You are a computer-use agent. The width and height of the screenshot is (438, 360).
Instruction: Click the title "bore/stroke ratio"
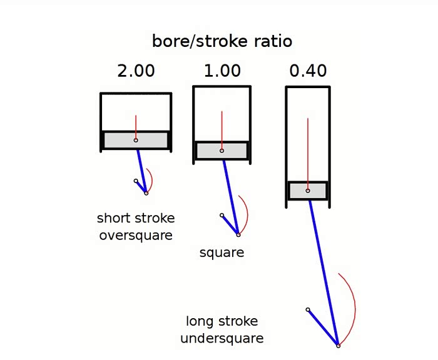pos(222,41)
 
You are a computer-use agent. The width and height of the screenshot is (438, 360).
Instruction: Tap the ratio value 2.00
pos(136,71)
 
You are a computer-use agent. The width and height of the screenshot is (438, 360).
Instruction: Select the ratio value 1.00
pos(222,71)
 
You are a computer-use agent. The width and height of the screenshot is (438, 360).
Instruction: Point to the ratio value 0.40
pos(308,71)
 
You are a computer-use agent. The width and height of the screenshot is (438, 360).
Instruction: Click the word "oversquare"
pos(136,236)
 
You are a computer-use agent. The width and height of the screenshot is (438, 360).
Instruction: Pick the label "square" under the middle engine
pos(222,253)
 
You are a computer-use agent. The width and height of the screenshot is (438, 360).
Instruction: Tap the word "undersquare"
pos(222,338)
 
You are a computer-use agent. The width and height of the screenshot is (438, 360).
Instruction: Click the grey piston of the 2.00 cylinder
pos(136,140)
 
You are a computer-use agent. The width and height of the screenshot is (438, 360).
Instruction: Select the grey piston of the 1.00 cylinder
pos(222,151)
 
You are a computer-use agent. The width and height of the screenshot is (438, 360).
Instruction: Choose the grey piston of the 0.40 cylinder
pos(308,191)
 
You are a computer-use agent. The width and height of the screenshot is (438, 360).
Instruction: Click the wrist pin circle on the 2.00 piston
pos(136,140)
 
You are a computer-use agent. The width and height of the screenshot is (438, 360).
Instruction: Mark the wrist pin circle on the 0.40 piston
pos(308,191)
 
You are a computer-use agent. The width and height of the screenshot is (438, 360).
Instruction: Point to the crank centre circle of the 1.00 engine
pos(222,215)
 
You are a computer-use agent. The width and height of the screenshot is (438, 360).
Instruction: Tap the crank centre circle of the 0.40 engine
pos(308,309)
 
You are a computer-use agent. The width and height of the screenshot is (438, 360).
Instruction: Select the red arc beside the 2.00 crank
pos(151,181)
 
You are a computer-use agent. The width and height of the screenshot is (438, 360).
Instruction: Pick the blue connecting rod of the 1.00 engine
pos(230,197)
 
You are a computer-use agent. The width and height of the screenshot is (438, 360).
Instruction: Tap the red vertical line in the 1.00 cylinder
pos(222,131)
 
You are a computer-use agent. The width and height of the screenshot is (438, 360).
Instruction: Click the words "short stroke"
pos(136,218)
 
